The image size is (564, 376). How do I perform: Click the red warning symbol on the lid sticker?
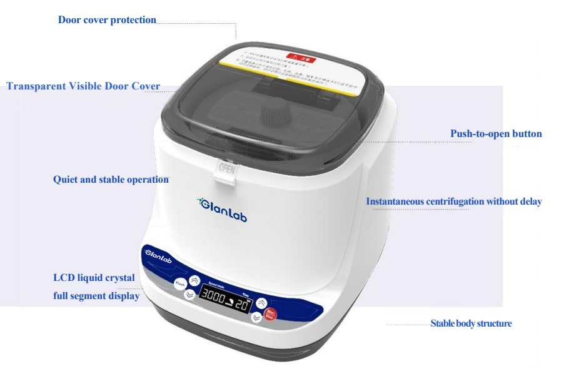click(298, 57)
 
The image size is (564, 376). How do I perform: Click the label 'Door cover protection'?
click(107, 20)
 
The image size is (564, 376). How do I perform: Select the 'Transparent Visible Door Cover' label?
click(83, 86)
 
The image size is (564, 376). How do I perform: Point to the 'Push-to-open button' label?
click(496, 134)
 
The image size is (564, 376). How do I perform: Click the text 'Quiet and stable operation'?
click(111, 180)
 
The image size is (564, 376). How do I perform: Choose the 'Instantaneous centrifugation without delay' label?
click(453, 201)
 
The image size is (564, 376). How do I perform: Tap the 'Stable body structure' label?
click(471, 323)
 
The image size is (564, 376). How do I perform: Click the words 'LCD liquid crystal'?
click(94, 278)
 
